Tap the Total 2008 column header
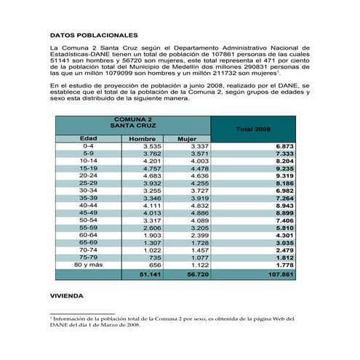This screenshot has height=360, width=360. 253,129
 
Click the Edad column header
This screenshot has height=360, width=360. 88,138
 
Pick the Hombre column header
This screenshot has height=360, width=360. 141,138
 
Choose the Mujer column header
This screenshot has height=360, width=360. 188,138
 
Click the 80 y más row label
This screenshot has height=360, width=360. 88,265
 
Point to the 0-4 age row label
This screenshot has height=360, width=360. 88,146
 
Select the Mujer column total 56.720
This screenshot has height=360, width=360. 197,275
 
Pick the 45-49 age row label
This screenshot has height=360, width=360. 88,212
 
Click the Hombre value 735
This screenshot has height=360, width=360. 153,257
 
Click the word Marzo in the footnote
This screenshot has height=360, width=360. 109,325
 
